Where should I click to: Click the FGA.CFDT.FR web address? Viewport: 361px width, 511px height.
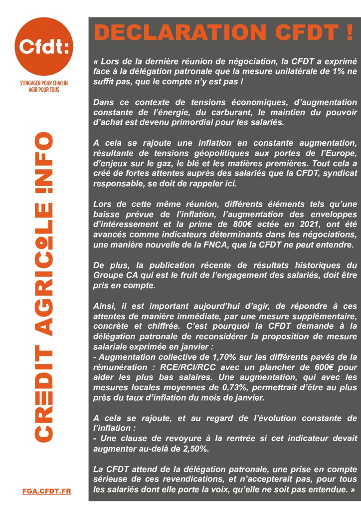click(47, 491)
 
